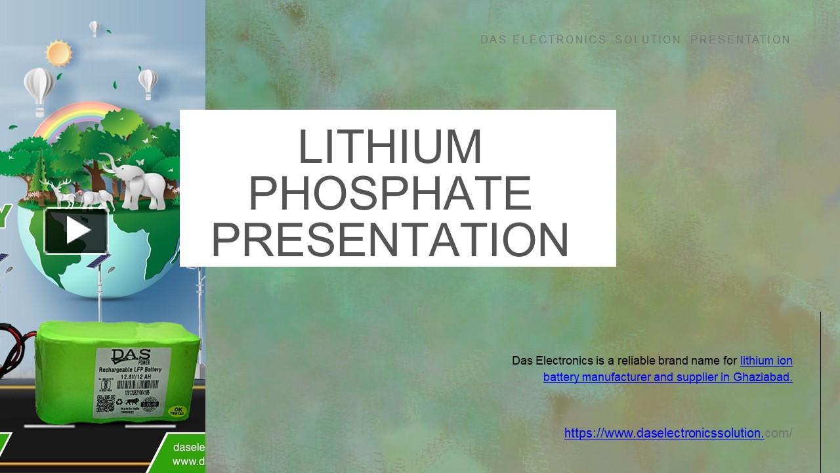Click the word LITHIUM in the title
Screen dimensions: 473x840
(x=390, y=147)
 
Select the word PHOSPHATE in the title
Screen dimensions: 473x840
(x=390, y=193)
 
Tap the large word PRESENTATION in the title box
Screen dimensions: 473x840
(x=390, y=240)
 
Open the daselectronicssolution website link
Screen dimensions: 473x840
(x=663, y=433)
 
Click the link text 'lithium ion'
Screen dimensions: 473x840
(x=766, y=361)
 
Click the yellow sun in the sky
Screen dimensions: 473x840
(x=58, y=52)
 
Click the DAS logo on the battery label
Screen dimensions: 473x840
(x=131, y=357)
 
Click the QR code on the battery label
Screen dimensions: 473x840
(x=106, y=403)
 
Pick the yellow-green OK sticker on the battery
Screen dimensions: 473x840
(x=177, y=412)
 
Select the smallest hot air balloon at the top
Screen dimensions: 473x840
(x=94, y=27)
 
